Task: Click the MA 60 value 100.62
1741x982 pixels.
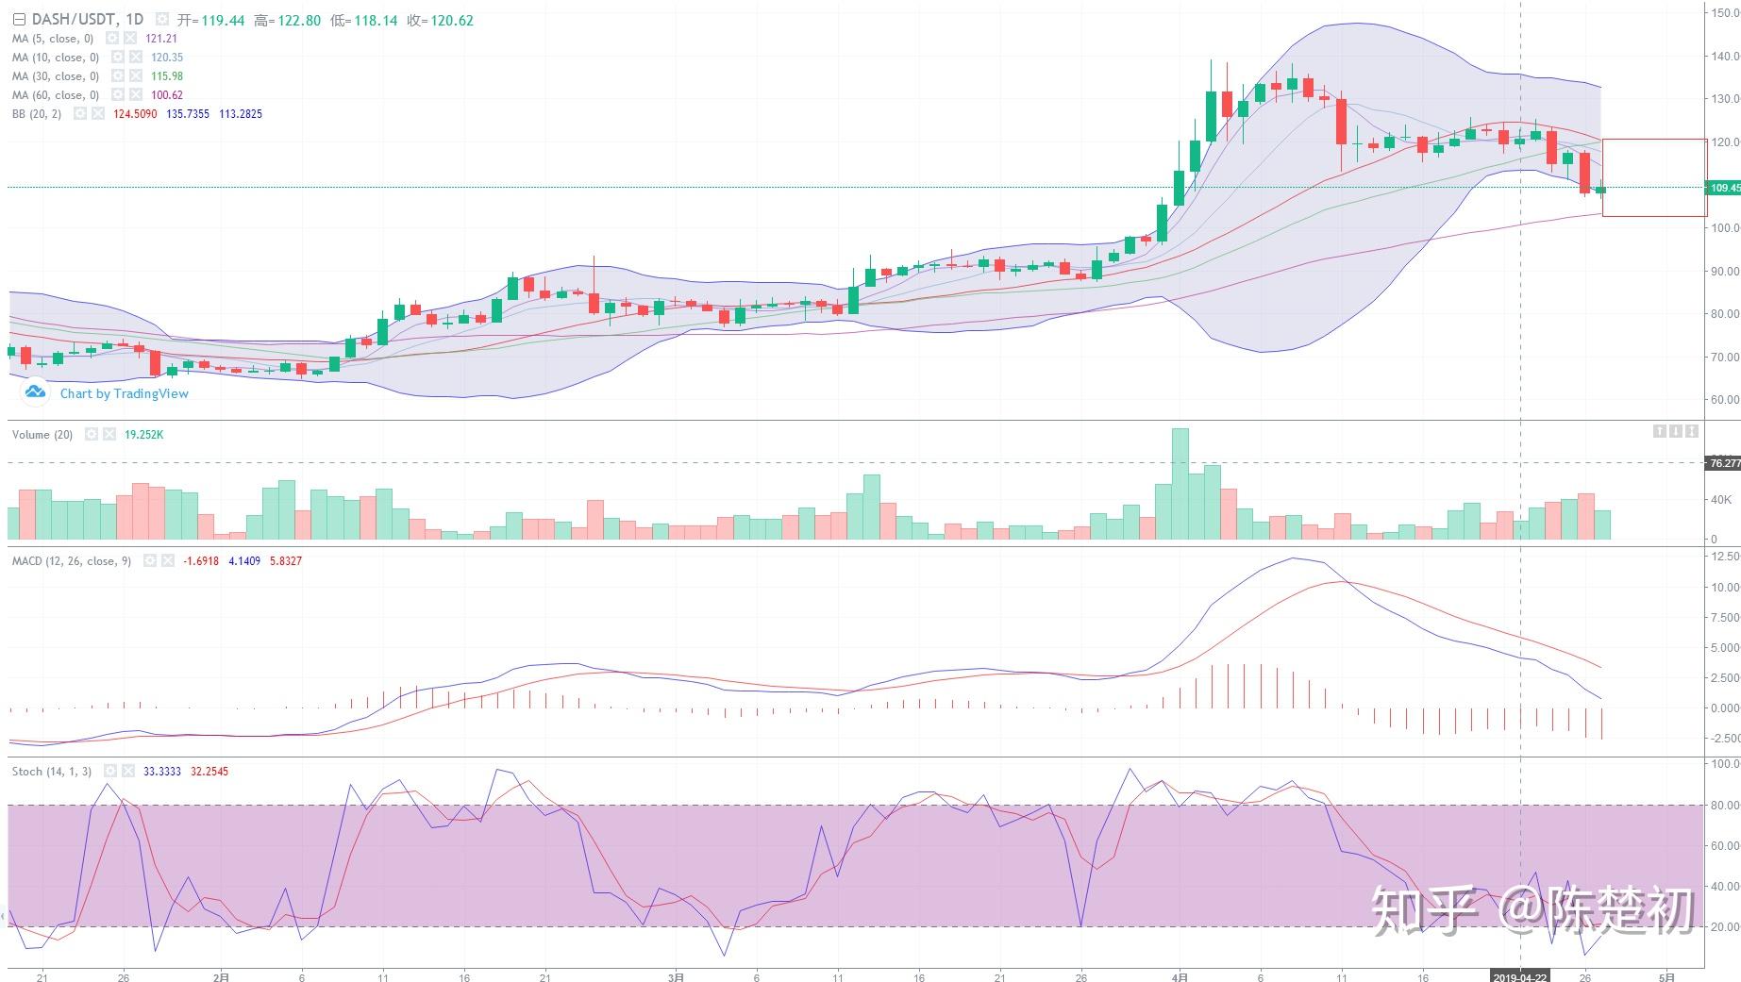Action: (x=167, y=95)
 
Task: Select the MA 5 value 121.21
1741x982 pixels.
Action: (x=161, y=39)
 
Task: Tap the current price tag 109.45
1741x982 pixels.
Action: (x=1724, y=188)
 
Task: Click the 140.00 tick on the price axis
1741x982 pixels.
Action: (x=1724, y=57)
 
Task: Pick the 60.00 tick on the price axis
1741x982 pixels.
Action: (x=1724, y=400)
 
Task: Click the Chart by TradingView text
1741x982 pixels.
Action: (x=125, y=393)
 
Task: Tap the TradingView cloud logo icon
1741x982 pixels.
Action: (x=35, y=391)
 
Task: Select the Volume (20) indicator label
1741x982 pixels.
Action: (x=42, y=435)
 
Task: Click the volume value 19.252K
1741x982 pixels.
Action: (x=144, y=435)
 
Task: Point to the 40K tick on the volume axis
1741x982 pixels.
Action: (x=1720, y=500)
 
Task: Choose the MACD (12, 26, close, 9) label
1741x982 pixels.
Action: (x=72, y=561)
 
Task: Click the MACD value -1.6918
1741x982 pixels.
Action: (x=201, y=561)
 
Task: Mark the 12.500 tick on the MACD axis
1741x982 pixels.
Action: (x=1724, y=557)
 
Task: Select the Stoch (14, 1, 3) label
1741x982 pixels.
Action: (x=52, y=772)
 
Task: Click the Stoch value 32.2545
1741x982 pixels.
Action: (x=209, y=772)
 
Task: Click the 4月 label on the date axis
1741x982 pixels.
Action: (x=1180, y=977)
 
